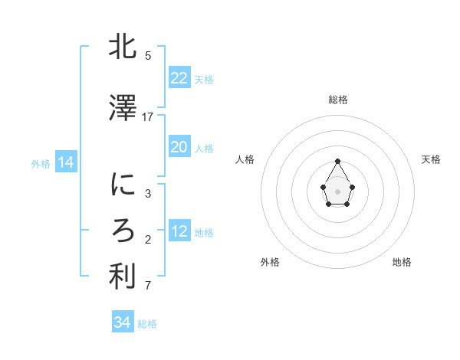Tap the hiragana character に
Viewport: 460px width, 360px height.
(x=123, y=185)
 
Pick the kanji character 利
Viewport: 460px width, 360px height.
(x=123, y=278)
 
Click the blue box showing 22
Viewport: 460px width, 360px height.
(x=179, y=78)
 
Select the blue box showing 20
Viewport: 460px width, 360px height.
(x=179, y=147)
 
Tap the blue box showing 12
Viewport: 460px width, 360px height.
(x=179, y=231)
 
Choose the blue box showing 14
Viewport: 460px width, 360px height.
(x=65, y=162)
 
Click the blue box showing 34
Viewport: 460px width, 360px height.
(x=123, y=322)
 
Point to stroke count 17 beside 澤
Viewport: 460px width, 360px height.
(x=148, y=117)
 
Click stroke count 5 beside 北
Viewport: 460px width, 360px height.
(x=148, y=56)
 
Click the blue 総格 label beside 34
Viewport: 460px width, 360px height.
(x=147, y=324)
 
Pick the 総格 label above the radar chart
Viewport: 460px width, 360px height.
(x=338, y=100)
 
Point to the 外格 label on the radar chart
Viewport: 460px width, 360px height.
(x=270, y=262)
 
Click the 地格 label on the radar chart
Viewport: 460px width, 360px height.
(x=402, y=262)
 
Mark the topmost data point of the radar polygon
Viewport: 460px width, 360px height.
(x=338, y=162)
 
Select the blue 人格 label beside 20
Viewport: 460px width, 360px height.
(x=204, y=149)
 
